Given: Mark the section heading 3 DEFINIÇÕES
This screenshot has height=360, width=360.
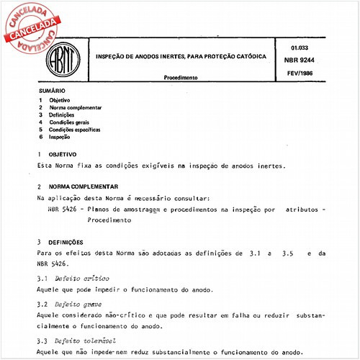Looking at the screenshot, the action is click(x=66, y=243).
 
